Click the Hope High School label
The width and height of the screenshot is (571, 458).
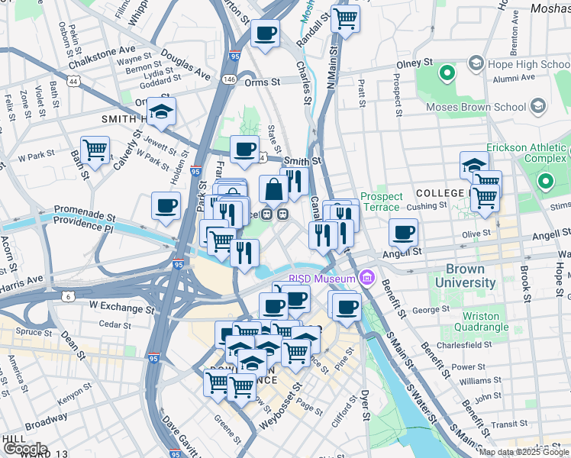tap(531, 64)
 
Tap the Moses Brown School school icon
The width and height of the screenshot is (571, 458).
tap(538, 105)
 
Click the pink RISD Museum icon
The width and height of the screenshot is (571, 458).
tap(369, 276)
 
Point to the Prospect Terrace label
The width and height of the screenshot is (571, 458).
tap(380, 202)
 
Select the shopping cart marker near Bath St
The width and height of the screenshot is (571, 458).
tap(95, 150)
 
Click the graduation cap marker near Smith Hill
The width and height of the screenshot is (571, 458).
tap(161, 111)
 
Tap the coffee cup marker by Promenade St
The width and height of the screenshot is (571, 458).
tap(166, 205)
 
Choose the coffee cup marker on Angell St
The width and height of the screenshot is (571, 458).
tap(403, 232)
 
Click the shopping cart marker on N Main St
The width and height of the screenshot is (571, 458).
tap(346, 18)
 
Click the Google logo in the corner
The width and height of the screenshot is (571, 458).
tap(25, 449)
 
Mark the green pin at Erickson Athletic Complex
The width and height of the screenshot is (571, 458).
tap(545, 182)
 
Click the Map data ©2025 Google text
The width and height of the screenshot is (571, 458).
tap(523, 452)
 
